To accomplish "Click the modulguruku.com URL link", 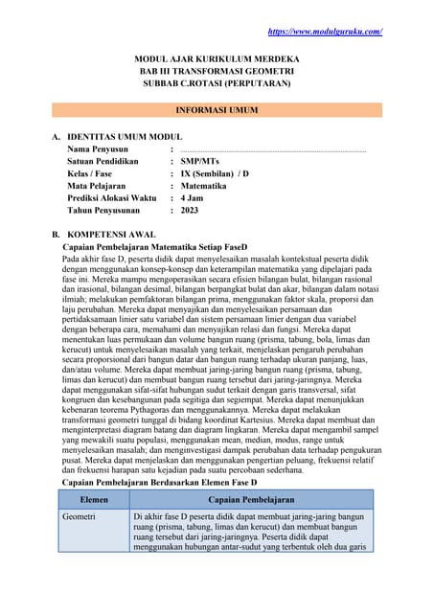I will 325,32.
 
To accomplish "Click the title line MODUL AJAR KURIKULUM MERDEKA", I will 217,59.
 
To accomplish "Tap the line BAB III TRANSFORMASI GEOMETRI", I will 217,72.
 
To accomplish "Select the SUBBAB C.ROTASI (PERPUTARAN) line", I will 217,84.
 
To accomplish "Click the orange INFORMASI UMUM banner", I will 217,110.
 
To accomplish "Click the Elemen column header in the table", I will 94,500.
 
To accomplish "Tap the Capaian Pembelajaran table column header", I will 251,500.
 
